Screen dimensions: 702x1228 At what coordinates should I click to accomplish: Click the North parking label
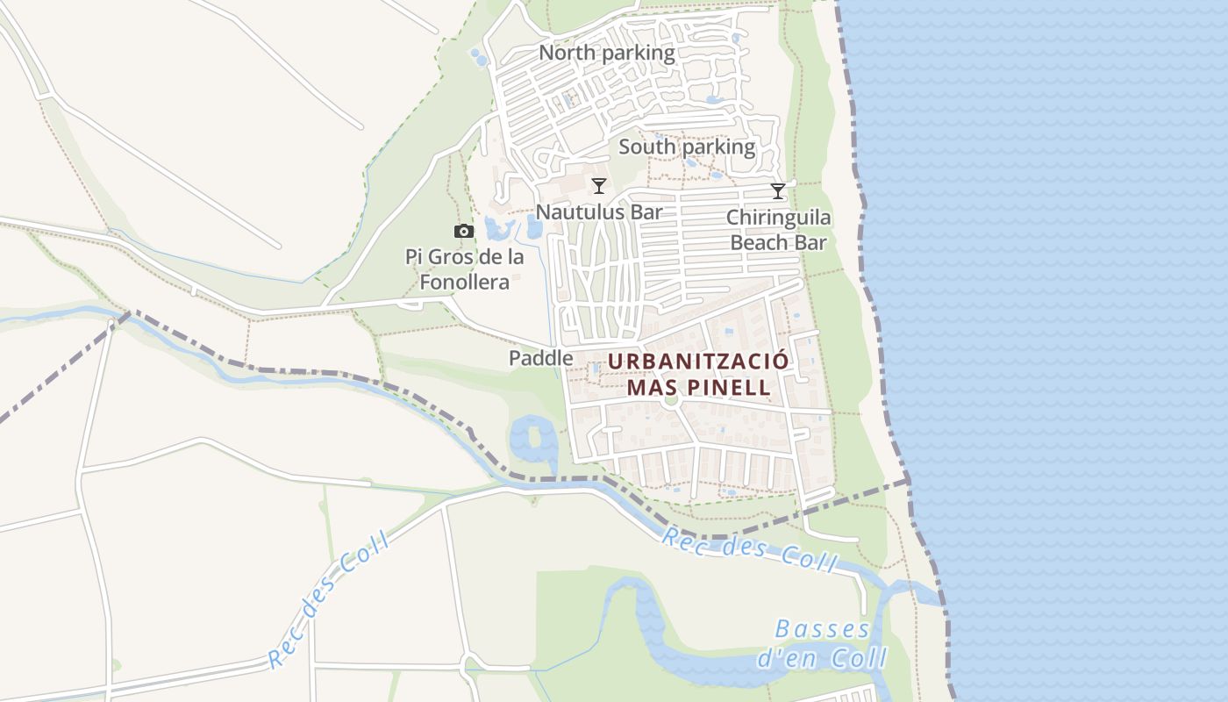(x=606, y=53)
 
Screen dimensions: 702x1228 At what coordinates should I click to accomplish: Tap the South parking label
(x=687, y=147)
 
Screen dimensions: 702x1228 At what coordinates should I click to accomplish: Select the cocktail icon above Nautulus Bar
(x=599, y=185)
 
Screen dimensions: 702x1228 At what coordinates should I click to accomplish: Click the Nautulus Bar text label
(x=599, y=211)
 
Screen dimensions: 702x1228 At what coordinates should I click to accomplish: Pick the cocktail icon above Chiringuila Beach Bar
(x=778, y=190)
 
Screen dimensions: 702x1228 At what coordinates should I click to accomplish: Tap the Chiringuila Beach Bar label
(x=778, y=230)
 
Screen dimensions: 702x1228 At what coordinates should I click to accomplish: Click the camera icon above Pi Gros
(x=464, y=232)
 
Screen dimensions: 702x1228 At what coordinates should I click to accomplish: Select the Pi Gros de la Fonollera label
(x=464, y=269)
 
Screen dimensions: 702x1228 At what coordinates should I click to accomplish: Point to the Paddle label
(x=540, y=358)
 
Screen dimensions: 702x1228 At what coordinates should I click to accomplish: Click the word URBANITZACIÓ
(x=698, y=362)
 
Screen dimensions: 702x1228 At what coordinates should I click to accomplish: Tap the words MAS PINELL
(x=699, y=387)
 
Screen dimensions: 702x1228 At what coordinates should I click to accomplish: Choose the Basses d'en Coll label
(x=823, y=643)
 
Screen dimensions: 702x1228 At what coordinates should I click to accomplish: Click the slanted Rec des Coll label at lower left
(x=328, y=598)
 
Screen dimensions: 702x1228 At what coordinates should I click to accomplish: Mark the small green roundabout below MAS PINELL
(x=672, y=400)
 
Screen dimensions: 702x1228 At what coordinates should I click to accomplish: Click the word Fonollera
(x=464, y=282)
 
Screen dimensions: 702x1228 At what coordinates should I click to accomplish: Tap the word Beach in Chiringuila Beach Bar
(x=763, y=242)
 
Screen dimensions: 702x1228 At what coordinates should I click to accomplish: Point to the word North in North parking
(x=567, y=53)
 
